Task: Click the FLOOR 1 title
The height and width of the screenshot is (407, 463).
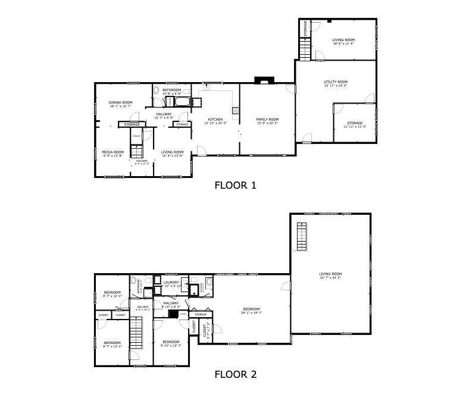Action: (235, 185)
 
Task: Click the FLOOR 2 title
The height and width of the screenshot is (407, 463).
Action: (235, 374)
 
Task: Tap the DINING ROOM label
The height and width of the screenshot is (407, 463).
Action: (120, 102)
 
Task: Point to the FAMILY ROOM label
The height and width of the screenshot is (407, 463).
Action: (267, 119)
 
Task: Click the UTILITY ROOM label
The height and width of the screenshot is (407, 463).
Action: (336, 82)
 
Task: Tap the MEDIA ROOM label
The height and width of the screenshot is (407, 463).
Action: (112, 152)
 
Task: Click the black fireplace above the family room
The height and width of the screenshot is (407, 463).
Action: (262, 80)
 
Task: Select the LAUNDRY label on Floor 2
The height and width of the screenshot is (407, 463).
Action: (171, 282)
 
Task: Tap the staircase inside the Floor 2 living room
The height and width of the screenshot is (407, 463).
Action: (303, 236)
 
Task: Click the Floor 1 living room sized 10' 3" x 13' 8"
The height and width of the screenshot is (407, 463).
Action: (172, 154)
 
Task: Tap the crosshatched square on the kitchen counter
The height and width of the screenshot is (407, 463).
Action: (236, 109)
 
